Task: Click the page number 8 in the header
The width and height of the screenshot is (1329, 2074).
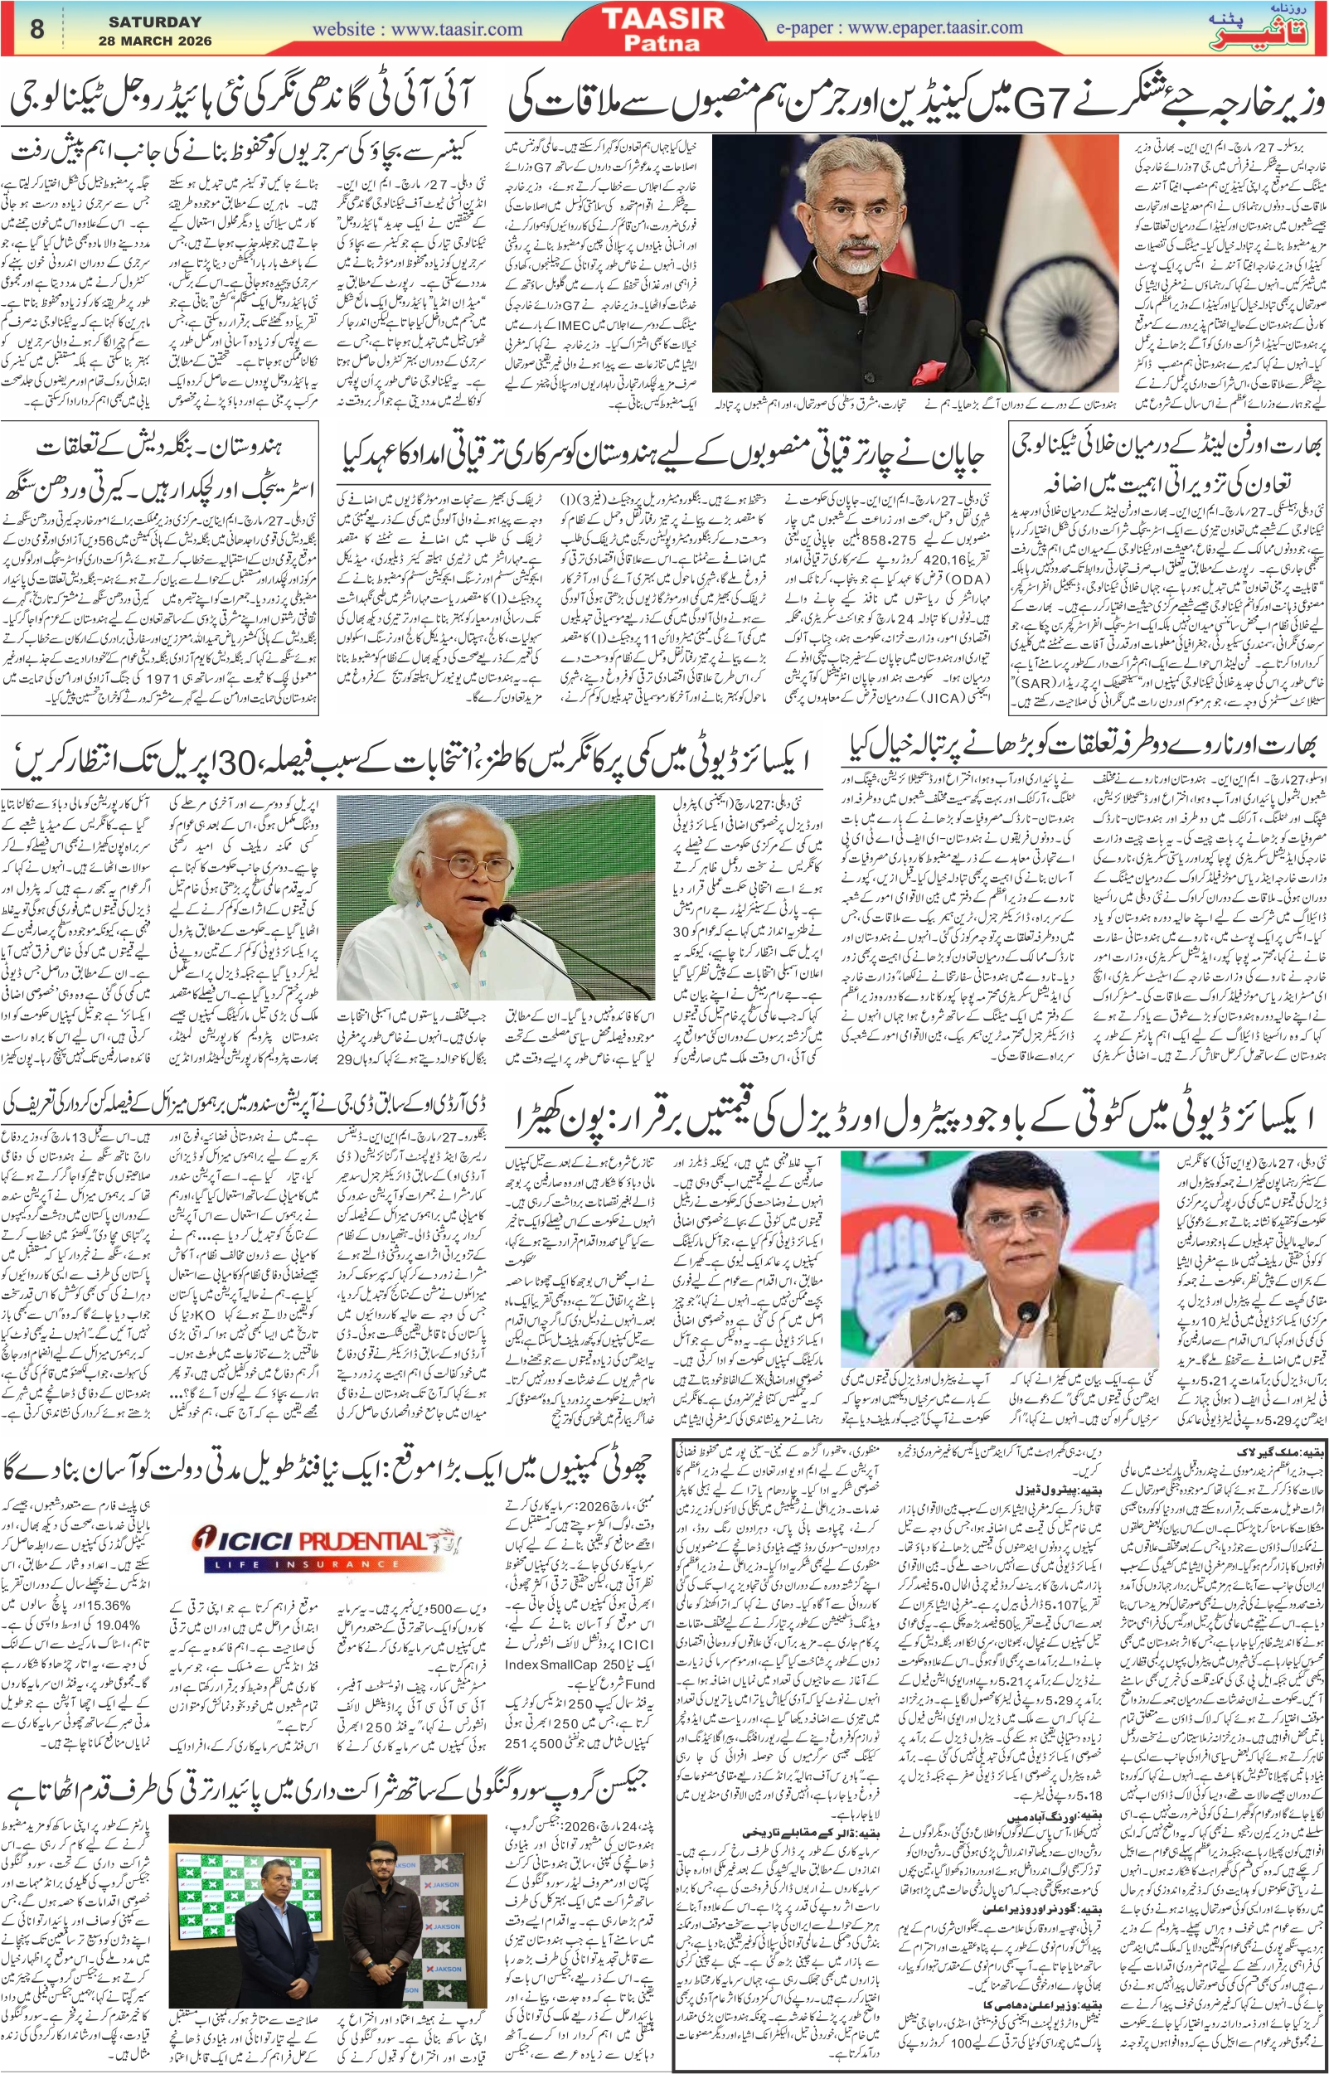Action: (x=36, y=28)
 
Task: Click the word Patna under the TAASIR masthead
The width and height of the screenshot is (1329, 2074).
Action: (x=662, y=42)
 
